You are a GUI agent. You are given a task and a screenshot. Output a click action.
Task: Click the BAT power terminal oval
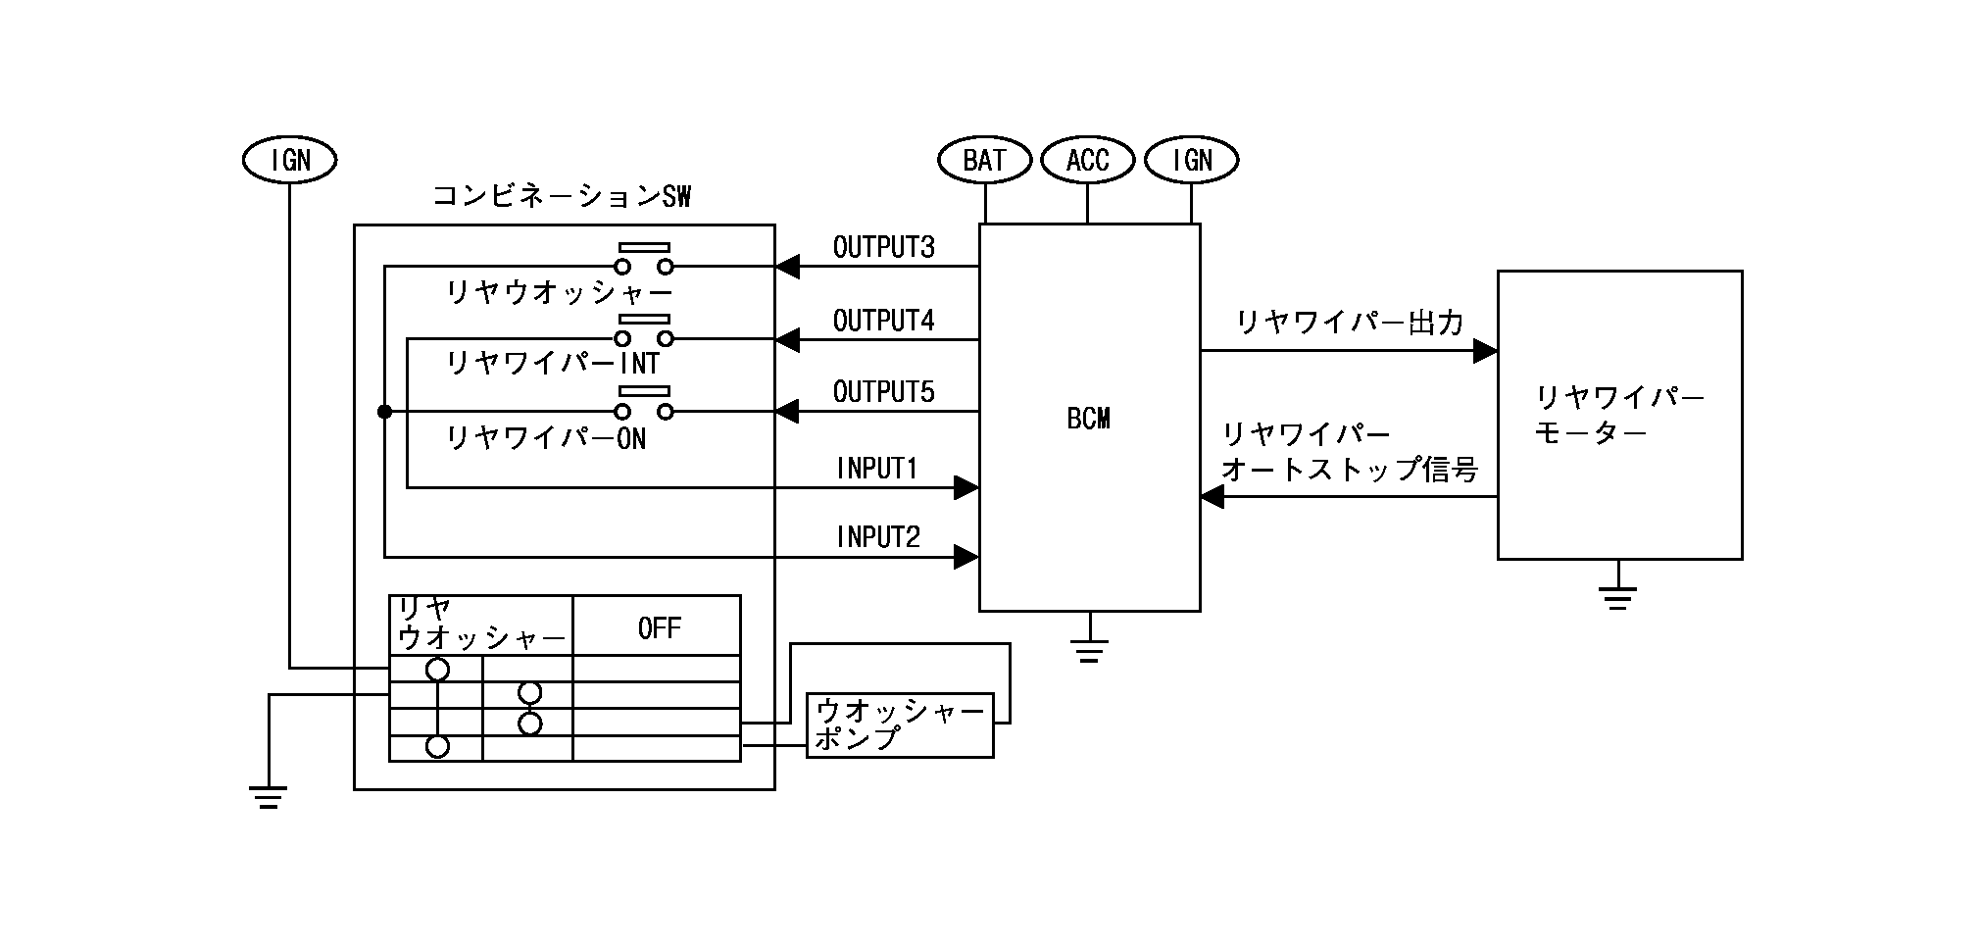pyautogui.click(x=984, y=160)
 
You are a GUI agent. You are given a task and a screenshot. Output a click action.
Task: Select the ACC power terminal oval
pyautogui.click(x=1087, y=160)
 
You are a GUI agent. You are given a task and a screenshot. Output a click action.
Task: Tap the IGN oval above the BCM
pyautogui.click(x=1191, y=160)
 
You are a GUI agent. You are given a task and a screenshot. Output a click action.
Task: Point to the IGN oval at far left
pyautogui.click(x=289, y=160)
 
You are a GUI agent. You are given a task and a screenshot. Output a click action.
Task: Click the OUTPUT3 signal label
pyautogui.click(x=883, y=247)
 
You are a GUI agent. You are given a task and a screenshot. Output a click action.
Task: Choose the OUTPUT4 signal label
pyautogui.click(x=883, y=321)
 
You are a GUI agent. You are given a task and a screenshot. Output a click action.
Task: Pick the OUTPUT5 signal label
pyautogui.click(x=883, y=392)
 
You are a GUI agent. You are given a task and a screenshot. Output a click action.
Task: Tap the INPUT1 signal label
pyautogui.click(x=877, y=469)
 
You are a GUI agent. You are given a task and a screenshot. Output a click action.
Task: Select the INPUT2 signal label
pyautogui.click(x=878, y=537)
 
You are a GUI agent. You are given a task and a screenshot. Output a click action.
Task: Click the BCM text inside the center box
pyautogui.click(x=1088, y=419)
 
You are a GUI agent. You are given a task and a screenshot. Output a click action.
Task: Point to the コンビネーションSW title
pyautogui.click(x=562, y=197)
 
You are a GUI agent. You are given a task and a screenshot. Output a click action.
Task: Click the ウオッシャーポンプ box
pyautogui.click(x=899, y=725)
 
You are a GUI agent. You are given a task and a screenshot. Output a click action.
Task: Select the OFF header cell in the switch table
pyautogui.click(x=658, y=627)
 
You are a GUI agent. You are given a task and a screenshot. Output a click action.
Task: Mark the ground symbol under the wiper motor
pyautogui.click(x=1617, y=597)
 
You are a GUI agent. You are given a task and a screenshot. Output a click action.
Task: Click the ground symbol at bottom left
pyautogui.click(x=269, y=796)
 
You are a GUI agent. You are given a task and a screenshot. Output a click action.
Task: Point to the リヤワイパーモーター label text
pyautogui.click(x=1618, y=415)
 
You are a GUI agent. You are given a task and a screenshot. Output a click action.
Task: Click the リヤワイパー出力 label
pyautogui.click(x=1350, y=323)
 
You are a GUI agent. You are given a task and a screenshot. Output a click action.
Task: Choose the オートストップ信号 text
pyautogui.click(x=1350, y=470)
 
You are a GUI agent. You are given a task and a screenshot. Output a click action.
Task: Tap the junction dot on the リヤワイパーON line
pyautogui.click(x=384, y=412)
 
